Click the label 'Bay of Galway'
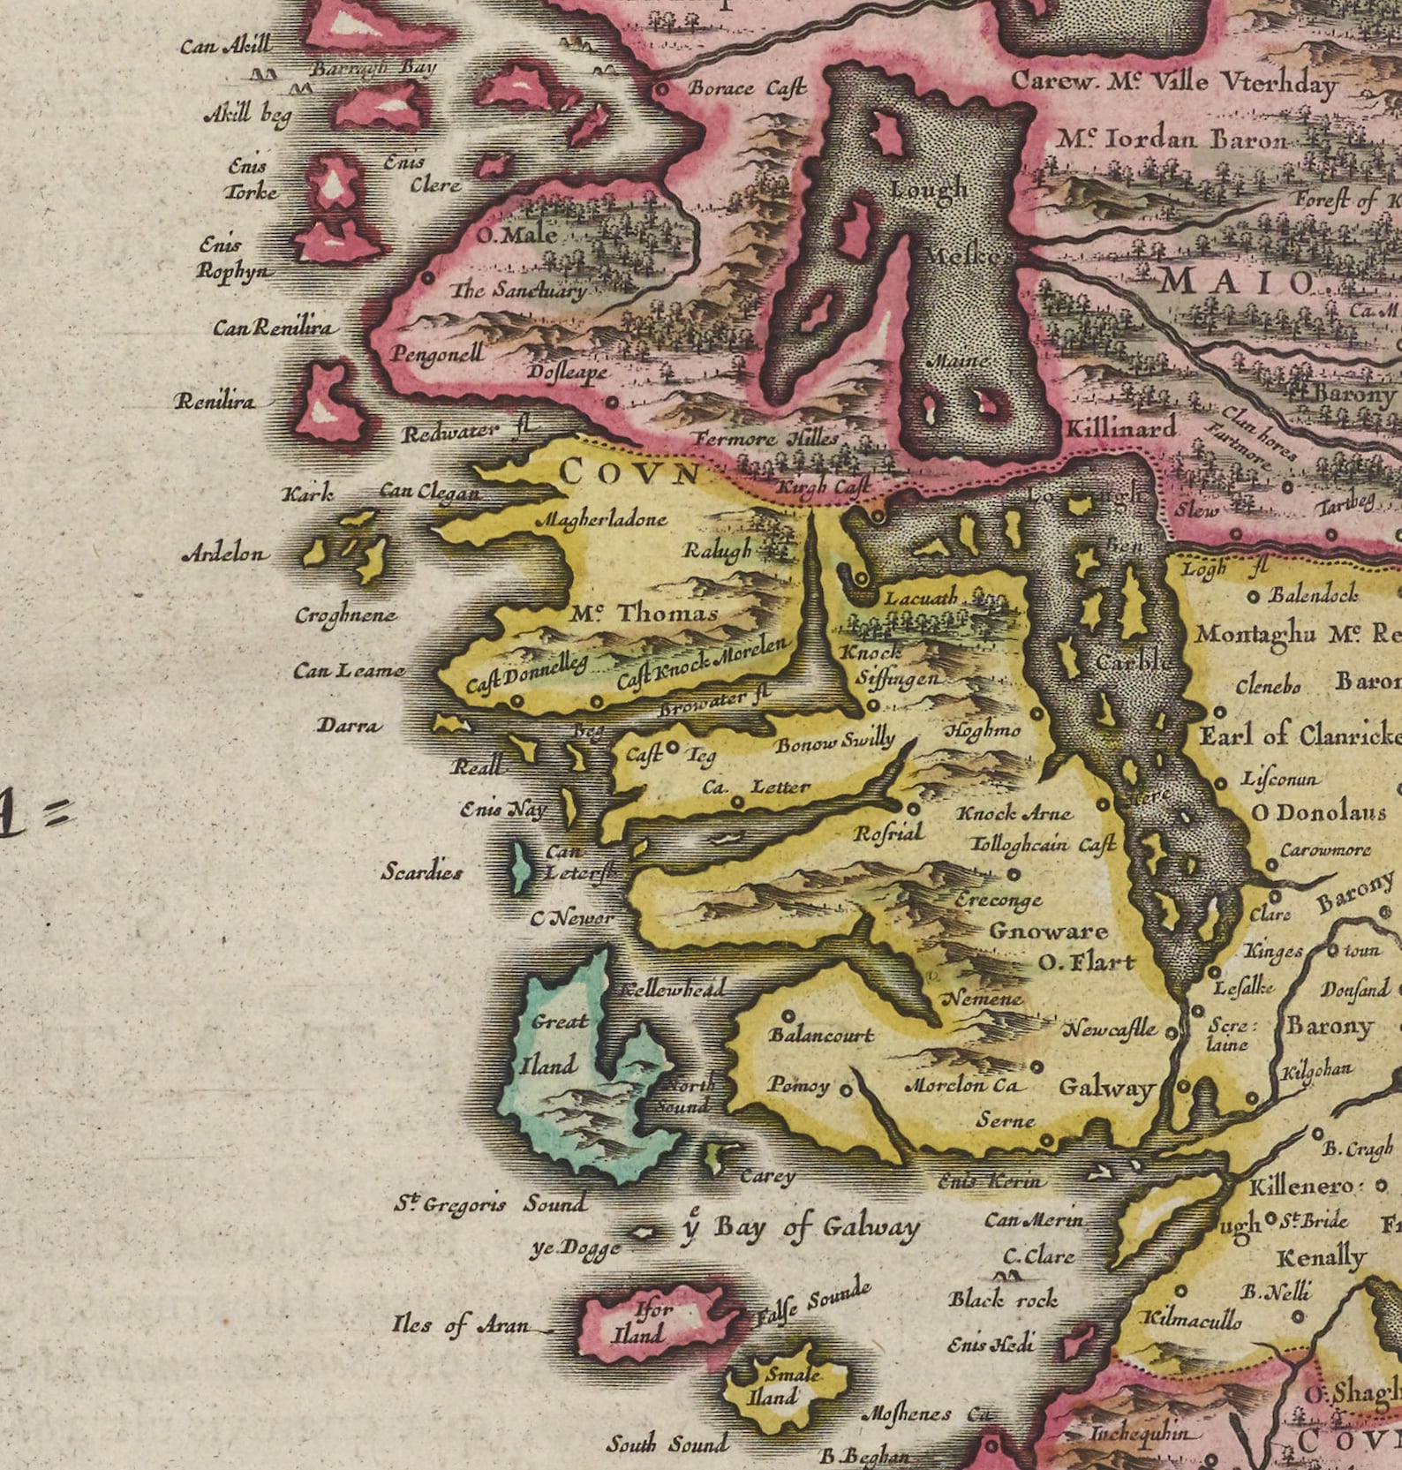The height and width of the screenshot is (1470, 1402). pos(817,1227)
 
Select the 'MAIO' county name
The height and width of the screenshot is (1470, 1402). pos(1236,283)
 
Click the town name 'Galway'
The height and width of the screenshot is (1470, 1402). pos(1105,1088)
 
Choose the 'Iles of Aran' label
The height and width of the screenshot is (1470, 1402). pos(461,1325)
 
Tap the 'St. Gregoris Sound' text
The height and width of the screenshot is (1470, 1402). pos(490,1204)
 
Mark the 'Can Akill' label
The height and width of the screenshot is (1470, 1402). pos(226,45)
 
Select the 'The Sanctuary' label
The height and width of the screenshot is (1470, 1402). pos(518,290)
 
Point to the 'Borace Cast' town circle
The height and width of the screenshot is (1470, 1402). pos(660,89)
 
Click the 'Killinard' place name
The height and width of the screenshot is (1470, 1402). pos(1120,429)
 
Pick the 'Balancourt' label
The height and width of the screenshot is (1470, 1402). pos(821,1035)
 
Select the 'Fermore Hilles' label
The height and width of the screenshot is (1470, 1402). pos(765,439)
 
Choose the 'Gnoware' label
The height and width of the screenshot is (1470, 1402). pos(1048,931)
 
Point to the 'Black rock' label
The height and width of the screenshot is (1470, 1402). pos(1003,1300)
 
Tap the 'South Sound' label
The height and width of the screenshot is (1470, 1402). pos(667,1444)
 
